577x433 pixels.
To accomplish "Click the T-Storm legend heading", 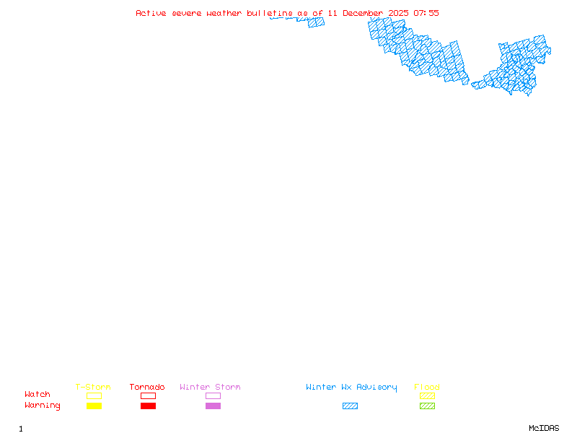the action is pyautogui.click(x=93, y=388).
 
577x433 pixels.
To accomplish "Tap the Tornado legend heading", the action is pyautogui.click(x=147, y=388).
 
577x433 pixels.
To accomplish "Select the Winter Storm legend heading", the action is pyautogui.click(x=210, y=388).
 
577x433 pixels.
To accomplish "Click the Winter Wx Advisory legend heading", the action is pyautogui.click(x=351, y=388).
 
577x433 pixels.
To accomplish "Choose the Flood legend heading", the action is pyautogui.click(x=427, y=388).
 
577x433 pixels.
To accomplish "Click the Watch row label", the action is pyautogui.click(x=38, y=395).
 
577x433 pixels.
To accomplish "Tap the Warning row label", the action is pyautogui.click(x=43, y=406).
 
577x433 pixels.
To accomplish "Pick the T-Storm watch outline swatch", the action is pyautogui.click(x=94, y=395).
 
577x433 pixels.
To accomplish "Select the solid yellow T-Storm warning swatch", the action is pyautogui.click(x=94, y=406).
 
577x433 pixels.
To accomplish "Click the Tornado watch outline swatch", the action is pyautogui.click(x=148, y=395).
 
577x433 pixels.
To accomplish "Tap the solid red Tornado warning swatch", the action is pyautogui.click(x=148, y=406).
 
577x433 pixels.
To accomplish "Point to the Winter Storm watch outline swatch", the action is pyautogui.click(x=213, y=395).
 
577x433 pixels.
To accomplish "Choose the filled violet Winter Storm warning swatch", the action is pyautogui.click(x=213, y=406).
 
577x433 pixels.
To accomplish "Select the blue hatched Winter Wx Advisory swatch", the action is pyautogui.click(x=350, y=406).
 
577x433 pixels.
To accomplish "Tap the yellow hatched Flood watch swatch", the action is pyautogui.click(x=427, y=395).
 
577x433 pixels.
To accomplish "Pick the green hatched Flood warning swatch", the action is pyautogui.click(x=427, y=406).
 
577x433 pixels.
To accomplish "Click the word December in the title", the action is pyautogui.click(x=363, y=13).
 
